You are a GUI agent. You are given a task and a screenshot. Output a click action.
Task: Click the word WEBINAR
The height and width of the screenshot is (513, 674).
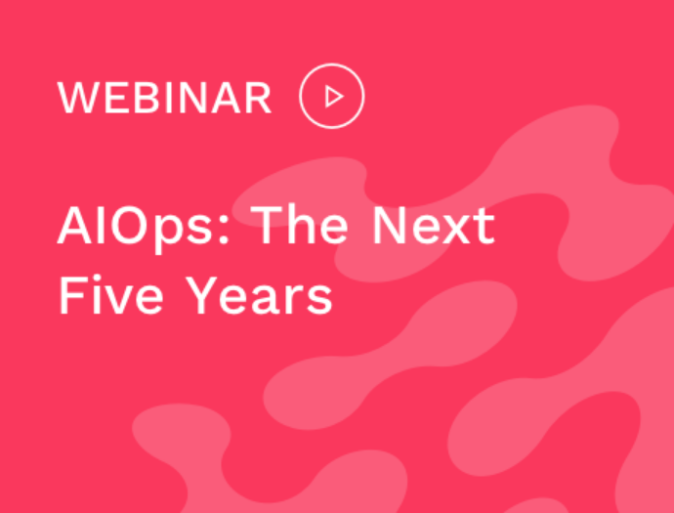[x=165, y=98]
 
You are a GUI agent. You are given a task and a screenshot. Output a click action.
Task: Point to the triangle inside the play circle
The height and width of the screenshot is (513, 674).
[x=334, y=96]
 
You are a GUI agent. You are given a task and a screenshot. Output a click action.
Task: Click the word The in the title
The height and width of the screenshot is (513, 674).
[x=300, y=225]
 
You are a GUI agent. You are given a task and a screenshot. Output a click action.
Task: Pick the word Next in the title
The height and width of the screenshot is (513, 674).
[x=434, y=225]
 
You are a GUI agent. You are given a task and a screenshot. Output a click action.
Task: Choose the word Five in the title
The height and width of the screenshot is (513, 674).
[x=111, y=294]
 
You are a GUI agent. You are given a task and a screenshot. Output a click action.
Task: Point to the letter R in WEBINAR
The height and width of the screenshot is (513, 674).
[x=259, y=98]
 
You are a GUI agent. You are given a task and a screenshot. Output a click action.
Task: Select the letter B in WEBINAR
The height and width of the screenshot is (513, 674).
[x=147, y=98]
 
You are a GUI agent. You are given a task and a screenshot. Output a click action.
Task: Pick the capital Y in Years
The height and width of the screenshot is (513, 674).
[x=201, y=295]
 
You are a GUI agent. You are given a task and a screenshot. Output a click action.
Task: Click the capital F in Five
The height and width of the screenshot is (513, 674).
[x=71, y=295]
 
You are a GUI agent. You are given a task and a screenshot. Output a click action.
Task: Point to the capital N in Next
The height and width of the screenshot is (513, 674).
[x=390, y=226]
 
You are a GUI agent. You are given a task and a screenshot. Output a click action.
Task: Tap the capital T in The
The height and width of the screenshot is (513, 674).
[x=266, y=226]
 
